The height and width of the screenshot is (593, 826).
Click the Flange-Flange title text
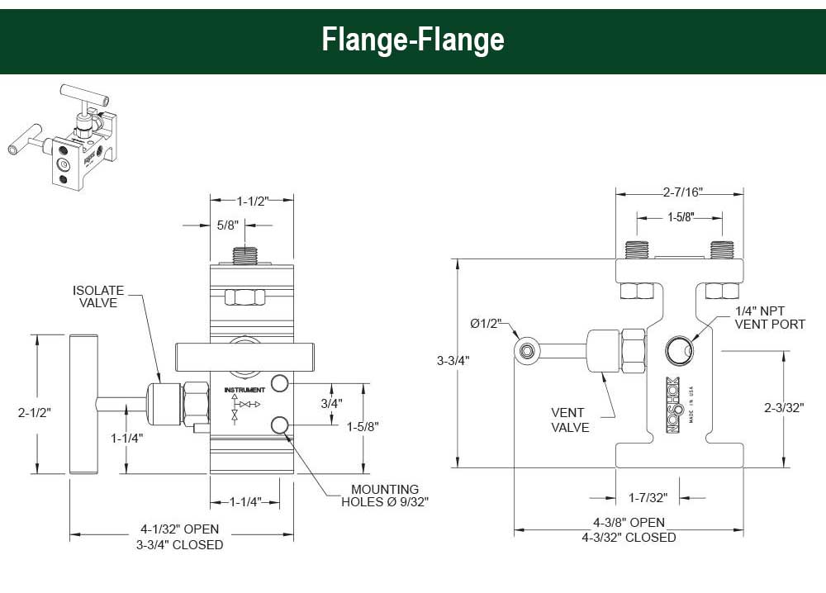pos(413,39)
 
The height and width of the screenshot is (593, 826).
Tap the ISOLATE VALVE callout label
pos(98,296)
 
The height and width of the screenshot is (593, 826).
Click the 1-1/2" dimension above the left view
pos(253,200)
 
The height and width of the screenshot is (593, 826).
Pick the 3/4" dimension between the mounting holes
pos(330,404)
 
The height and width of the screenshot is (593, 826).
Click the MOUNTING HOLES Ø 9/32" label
pos(385,496)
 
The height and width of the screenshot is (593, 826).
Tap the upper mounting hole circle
pos(280,383)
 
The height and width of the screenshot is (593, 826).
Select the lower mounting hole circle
pos(280,425)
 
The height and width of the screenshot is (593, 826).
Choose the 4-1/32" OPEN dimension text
pos(179,529)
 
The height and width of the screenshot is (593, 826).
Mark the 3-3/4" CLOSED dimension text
pos(179,545)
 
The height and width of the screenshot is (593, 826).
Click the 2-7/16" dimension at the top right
pos(681,192)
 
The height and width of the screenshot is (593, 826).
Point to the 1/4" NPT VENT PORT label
pos(770,318)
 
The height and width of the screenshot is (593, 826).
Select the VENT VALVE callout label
pos(570,420)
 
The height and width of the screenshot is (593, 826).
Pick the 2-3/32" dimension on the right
pos(784,408)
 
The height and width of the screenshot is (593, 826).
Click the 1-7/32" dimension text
pos(648,497)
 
